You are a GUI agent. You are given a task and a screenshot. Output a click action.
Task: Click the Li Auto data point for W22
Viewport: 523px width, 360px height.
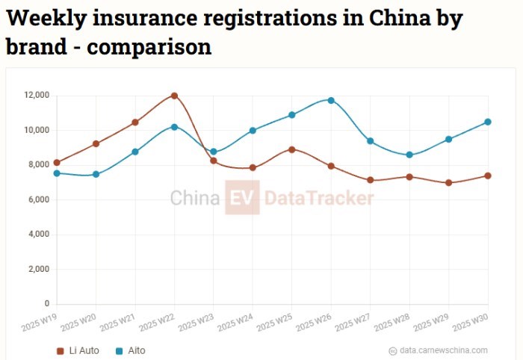[x=174, y=96]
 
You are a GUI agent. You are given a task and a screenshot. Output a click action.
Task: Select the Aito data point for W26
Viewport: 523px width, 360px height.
[x=331, y=100]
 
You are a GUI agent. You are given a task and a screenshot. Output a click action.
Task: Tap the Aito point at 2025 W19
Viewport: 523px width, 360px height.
[x=57, y=173]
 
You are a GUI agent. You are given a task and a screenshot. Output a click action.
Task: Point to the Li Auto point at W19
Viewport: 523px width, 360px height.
[x=57, y=162]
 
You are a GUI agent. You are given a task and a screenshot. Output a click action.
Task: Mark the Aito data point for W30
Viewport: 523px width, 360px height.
[x=488, y=122]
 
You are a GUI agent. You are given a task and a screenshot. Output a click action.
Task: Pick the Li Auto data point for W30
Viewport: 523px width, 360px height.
[x=488, y=176]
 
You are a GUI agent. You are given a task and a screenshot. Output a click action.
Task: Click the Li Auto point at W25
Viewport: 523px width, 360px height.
[x=292, y=149]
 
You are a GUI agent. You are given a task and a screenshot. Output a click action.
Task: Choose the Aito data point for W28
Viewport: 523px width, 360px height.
[x=409, y=155]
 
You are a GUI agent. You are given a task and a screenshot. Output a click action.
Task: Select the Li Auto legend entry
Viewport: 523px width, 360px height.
[x=78, y=350]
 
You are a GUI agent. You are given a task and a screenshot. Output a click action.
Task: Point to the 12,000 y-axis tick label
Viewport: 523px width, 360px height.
[x=36, y=96]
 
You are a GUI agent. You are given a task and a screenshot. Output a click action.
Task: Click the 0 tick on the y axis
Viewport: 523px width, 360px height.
[x=46, y=304]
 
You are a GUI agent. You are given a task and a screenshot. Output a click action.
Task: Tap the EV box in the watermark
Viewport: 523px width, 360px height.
[x=241, y=198]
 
